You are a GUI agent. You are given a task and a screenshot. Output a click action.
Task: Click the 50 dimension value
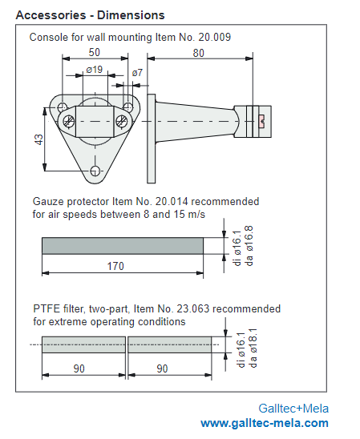(94, 52)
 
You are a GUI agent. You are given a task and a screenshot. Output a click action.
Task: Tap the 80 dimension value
(198, 53)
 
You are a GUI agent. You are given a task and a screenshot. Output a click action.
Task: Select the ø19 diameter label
(95, 70)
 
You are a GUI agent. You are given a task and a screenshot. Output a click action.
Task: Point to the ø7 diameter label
(137, 73)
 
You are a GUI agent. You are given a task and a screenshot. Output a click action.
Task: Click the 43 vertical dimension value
(39, 139)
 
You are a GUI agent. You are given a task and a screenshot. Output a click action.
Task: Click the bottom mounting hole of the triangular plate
(95, 170)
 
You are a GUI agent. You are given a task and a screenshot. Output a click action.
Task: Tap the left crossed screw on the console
(68, 122)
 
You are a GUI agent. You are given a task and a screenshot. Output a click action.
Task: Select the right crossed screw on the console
(122, 122)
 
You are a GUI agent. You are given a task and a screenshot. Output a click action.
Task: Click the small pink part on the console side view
(262, 121)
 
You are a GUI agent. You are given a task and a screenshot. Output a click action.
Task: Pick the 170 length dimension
(115, 266)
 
